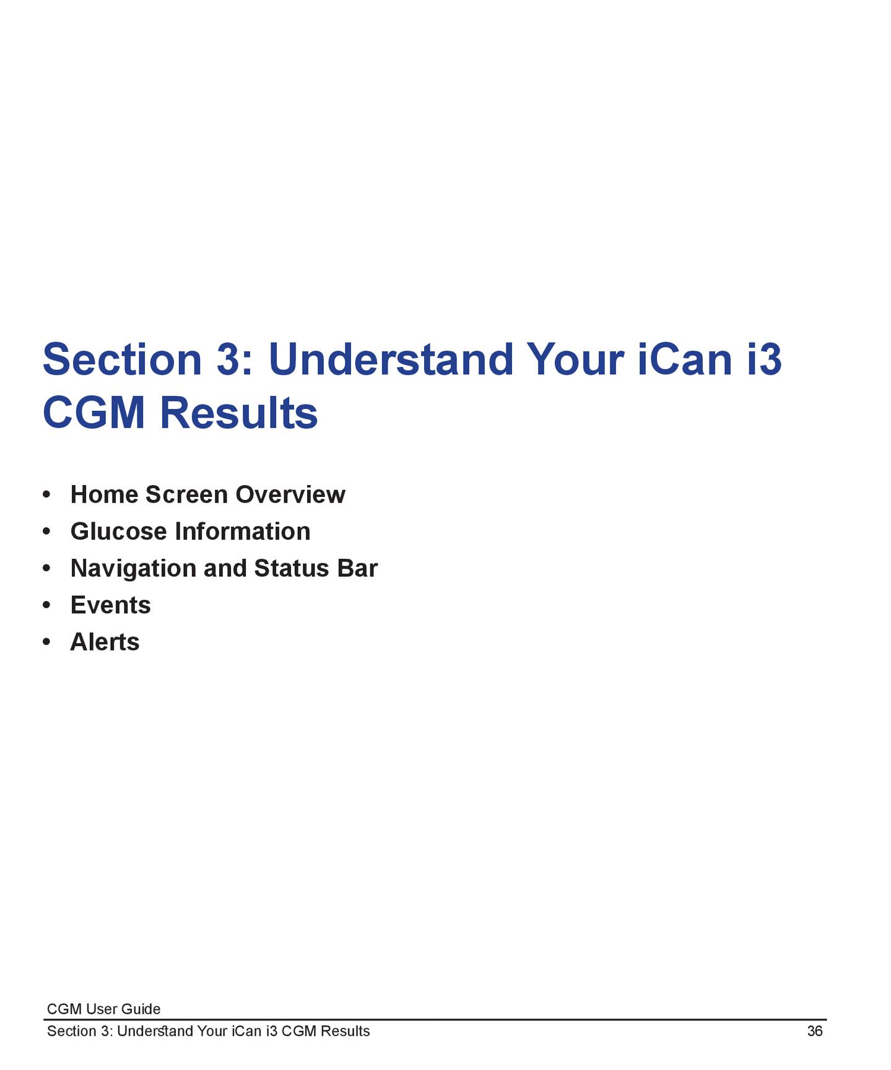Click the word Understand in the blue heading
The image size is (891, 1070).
tap(391, 359)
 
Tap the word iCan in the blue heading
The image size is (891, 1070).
tap(685, 359)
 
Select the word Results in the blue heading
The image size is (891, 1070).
tap(239, 413)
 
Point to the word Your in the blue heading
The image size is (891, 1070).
tap(575, 359)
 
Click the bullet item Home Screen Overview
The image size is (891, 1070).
tap(208, 494)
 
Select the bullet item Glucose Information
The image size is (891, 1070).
tap(191, 532)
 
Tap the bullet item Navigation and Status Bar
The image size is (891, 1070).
tap(224, 569)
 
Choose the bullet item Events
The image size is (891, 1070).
tap(111, 605)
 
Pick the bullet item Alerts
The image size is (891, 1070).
tap(105, 642)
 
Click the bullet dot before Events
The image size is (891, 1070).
tap(46, 605)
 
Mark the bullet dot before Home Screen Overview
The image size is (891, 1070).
tap(46, 495)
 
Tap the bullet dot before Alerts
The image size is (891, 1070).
tap(46, 642)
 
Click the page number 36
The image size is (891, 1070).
tap(815, 1031)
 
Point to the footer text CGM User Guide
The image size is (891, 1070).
tap(104, 1009)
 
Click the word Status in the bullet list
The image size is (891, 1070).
tap(292, 569)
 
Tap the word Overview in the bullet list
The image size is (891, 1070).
tap(290, 494)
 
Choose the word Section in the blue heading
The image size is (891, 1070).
tap(123, 359)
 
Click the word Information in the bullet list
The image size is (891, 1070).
tap(243, 532)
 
